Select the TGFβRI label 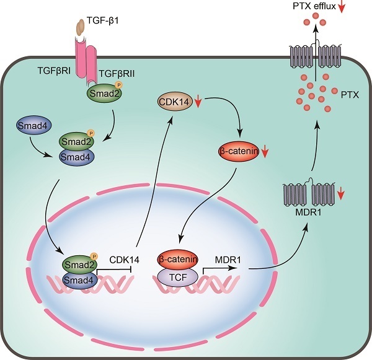pyautogui.click(x=52, y=72)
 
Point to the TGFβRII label pyautogui.click(x=117, y=72)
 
